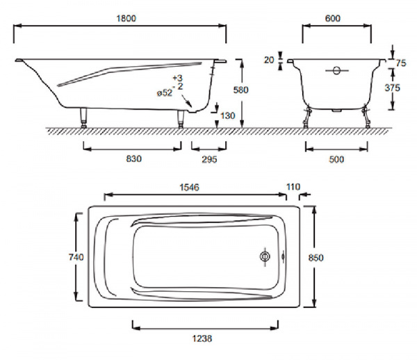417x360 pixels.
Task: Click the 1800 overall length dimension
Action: click(126, 18)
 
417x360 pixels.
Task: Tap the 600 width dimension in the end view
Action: click(333, 18)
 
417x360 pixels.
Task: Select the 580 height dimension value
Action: click(240, 90)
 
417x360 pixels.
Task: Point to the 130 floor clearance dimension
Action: click(228, 115)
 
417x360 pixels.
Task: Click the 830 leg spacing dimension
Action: click(133, 158)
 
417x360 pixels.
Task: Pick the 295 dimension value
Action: click(209, 159)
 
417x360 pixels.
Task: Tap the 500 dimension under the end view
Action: click(336, 159)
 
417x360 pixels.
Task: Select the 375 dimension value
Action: click(392, 88)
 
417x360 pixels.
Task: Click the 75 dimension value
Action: click(401, 63)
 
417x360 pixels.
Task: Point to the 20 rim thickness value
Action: click(269, 60)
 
